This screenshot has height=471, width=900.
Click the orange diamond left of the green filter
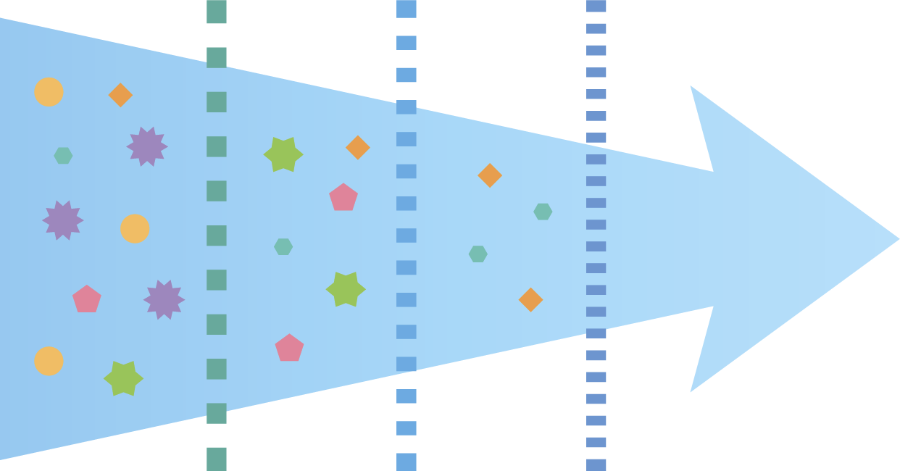120,95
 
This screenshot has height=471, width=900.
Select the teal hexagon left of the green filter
63,156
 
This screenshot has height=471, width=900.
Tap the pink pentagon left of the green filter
87,299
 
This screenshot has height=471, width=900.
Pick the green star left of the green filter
123,378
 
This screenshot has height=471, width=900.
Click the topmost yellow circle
49,92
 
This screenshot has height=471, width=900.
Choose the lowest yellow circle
49,361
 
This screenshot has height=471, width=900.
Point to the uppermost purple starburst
147,146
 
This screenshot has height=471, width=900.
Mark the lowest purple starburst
164,299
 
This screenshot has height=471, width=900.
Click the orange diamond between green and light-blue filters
358,148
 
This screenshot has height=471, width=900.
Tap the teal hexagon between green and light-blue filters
283,247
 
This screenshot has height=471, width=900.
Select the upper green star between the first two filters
283,154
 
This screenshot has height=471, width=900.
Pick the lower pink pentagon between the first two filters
289,348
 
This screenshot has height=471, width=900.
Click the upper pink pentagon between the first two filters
343,197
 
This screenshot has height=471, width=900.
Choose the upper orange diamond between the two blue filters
490,175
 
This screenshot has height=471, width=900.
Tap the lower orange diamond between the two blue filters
530,300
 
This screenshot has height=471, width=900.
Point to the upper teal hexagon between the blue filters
543,212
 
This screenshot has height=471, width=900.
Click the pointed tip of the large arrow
898,238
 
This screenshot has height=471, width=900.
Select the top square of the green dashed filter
217,12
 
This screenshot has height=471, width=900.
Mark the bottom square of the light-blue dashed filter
407,462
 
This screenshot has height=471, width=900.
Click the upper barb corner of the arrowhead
691,86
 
